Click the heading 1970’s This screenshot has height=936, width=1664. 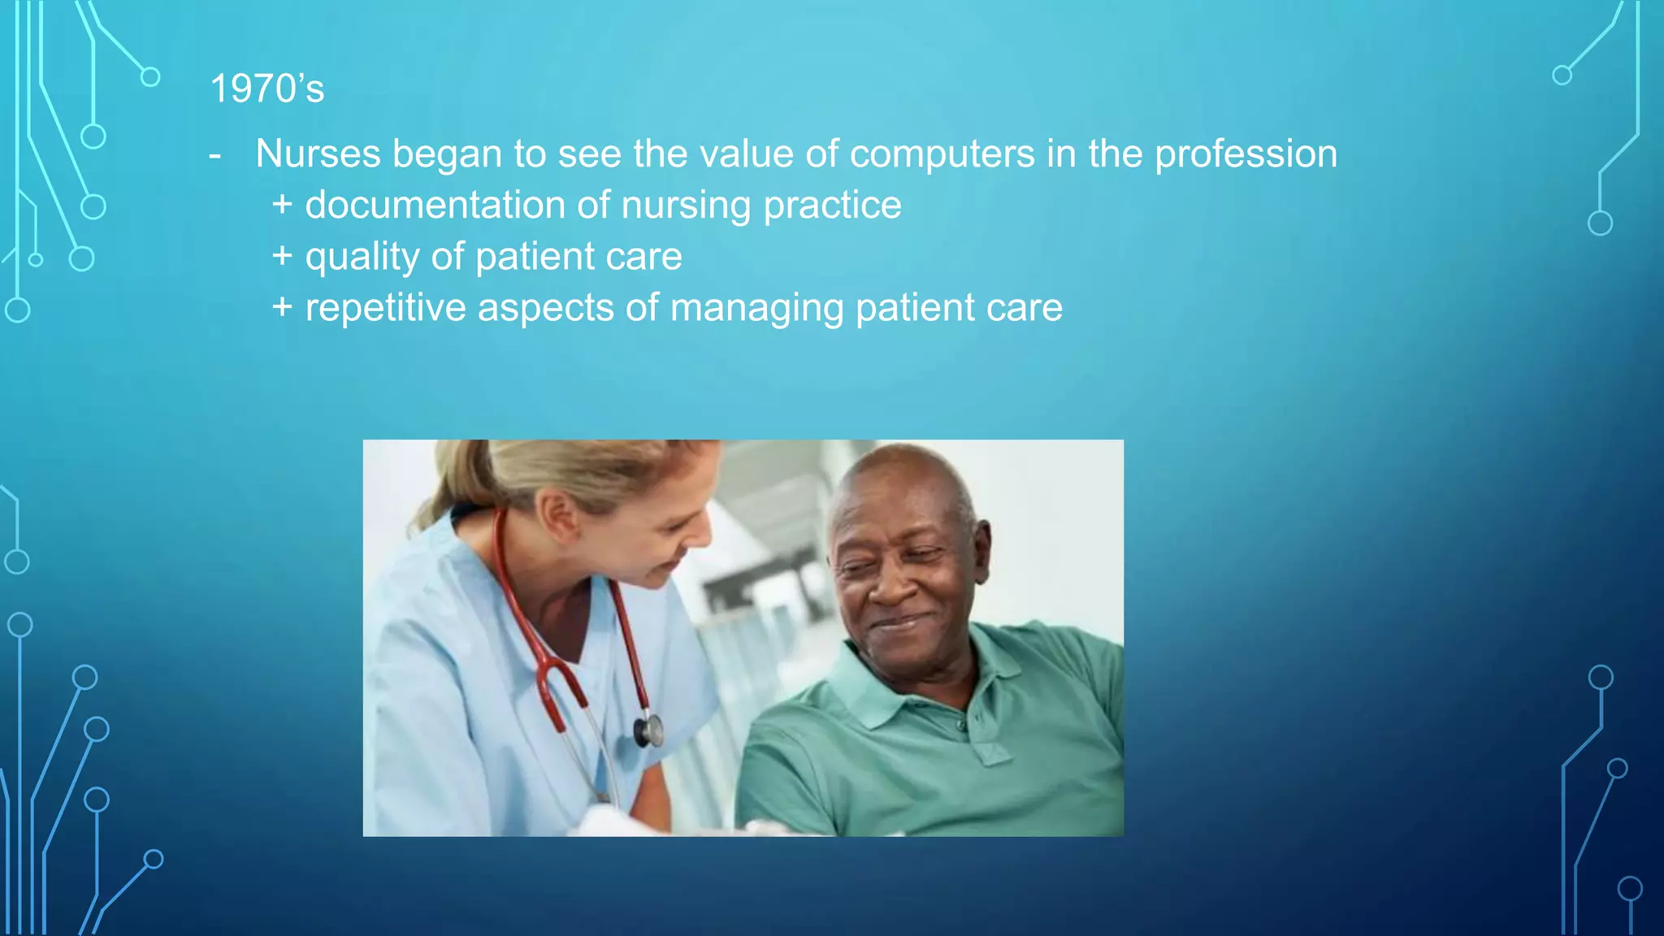coord(266,89)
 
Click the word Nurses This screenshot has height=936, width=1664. coord(318,154)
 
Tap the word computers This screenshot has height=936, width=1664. coord(942,154)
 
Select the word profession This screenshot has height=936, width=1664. coord(1246,154)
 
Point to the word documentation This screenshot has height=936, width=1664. coord(435,205)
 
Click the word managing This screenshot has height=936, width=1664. coord(756,309)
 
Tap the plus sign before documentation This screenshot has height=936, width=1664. coord(282,205)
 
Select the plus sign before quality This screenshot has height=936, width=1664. coord(282,256)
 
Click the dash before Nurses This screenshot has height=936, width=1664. coord(214,154)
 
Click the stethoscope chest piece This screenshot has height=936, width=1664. coord(648,729)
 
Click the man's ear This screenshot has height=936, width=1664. coord(981,553)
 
